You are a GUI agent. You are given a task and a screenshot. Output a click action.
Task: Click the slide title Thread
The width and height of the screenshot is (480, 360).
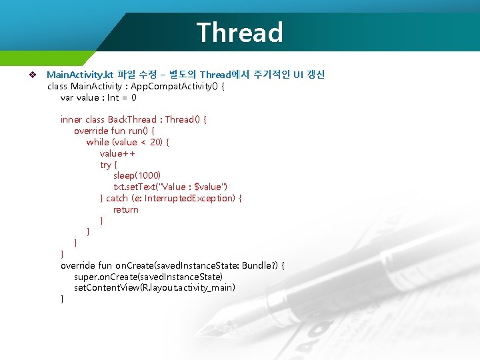(239, 32)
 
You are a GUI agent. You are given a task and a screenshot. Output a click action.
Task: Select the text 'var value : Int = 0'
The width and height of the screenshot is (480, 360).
(99, 97)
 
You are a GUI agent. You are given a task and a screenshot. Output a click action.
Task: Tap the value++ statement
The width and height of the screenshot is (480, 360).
(118, 153)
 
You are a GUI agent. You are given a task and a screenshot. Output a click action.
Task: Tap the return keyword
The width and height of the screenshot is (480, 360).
(126, 209)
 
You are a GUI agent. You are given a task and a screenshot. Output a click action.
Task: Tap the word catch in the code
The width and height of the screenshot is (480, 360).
(117, 198)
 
